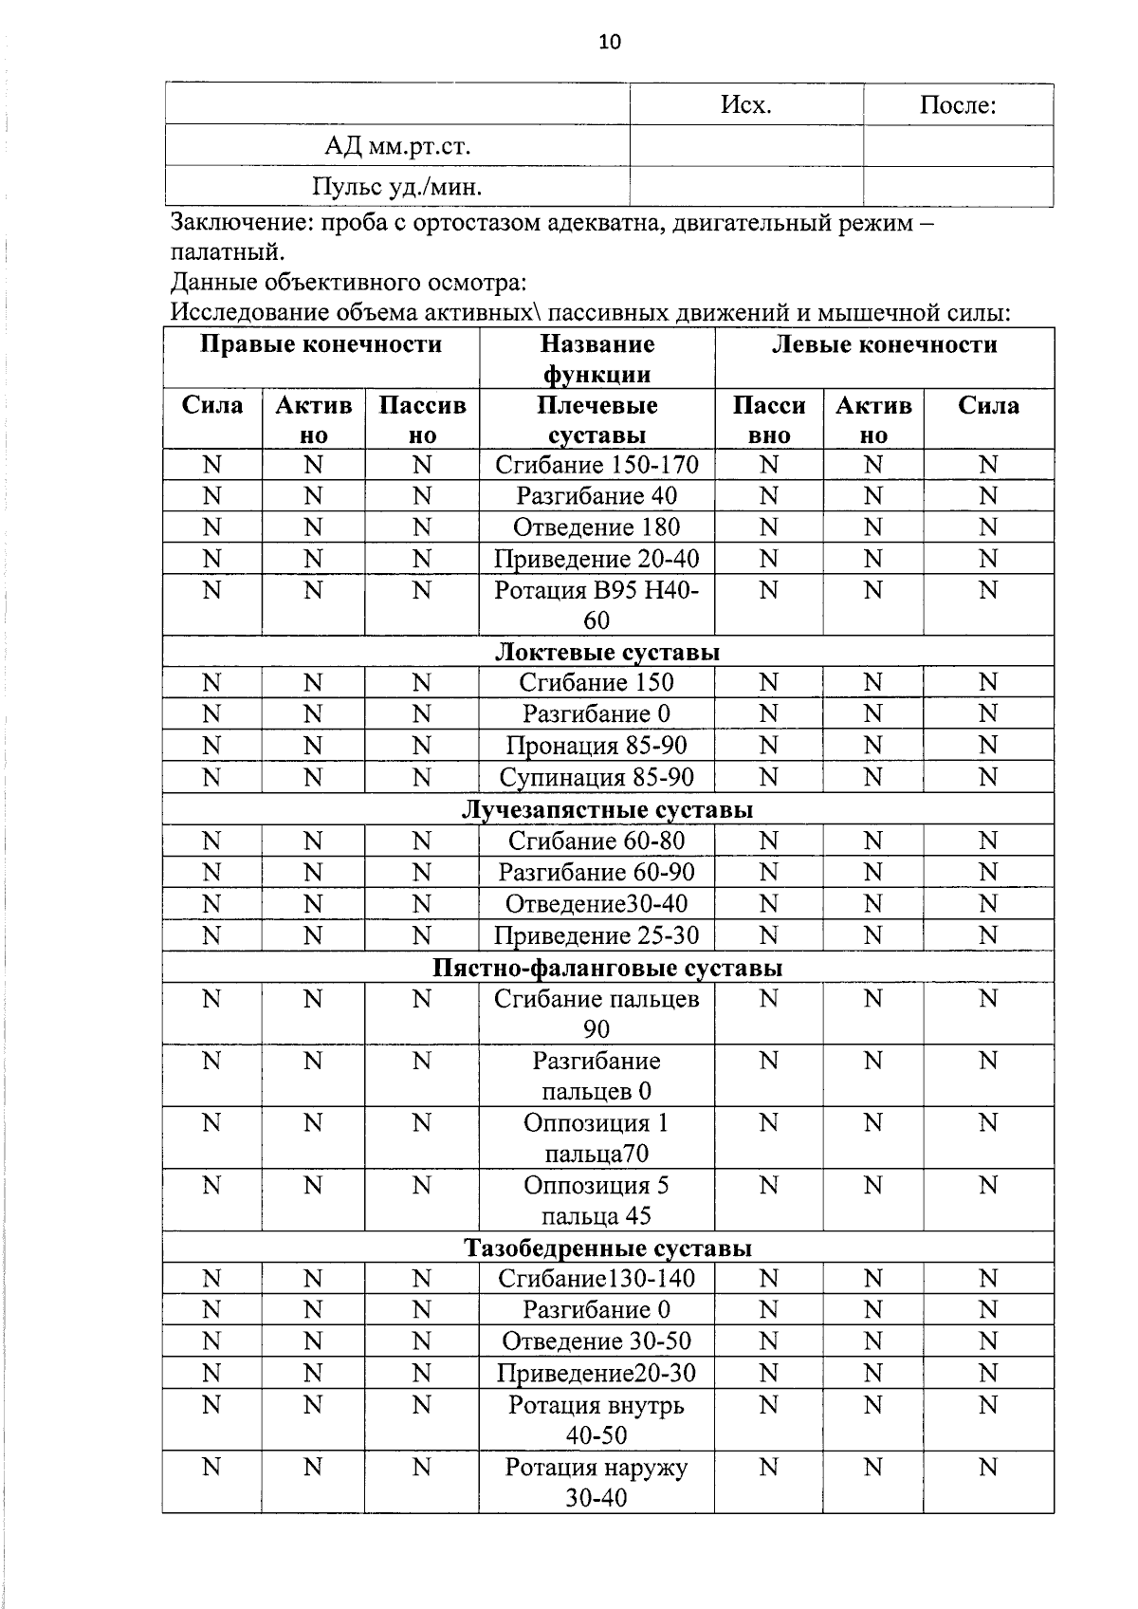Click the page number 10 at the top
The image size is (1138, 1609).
(x=610, y=42)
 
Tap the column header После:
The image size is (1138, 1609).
(x=957, y=105)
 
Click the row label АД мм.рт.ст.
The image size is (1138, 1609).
(x=397, y=146)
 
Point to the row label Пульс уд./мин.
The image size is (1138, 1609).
(x=397, y=187)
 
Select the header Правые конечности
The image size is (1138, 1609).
(x=321, y=344)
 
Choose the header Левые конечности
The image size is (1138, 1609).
(x=884, y=344)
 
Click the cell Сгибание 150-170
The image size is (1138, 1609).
(x=597, y=465)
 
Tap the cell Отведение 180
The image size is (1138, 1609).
(x=597, y=527)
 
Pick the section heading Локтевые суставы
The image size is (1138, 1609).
(x=607, y=652)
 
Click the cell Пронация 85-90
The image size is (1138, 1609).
(x=597, y=746)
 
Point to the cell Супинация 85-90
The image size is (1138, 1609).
(x=597, y=778)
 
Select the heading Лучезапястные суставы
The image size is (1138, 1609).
(x=607, y=809)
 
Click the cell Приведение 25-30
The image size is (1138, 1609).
(x=597, y=936)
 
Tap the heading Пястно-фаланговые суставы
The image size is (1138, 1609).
(x=607, y=968)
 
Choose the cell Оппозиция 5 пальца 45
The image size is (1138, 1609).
(x=597, y=1200)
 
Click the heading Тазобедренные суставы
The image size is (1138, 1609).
(x=607, y=1248)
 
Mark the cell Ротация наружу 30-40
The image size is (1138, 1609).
(x=597, y=1482)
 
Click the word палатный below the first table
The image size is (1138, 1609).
(x=226, y=253)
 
